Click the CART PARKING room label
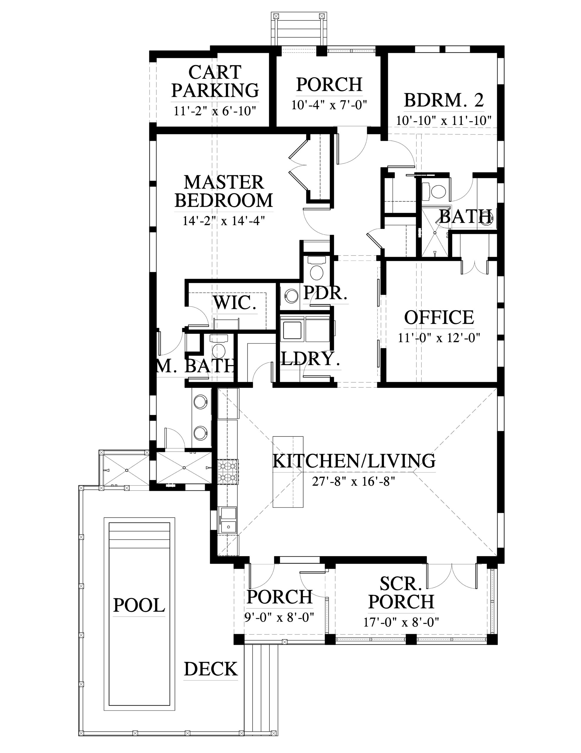(x=215, y=81)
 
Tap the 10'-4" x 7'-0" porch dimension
(x=329, y=104)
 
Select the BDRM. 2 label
(x=444, y=100)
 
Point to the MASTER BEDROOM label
(x=224, y=191)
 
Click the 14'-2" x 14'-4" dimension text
(x=224, y=220)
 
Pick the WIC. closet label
(x=235, y=302)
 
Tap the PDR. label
(x=325, y=293)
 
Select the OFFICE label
(x=439, y=318)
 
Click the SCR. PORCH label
(x=401, y=593)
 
